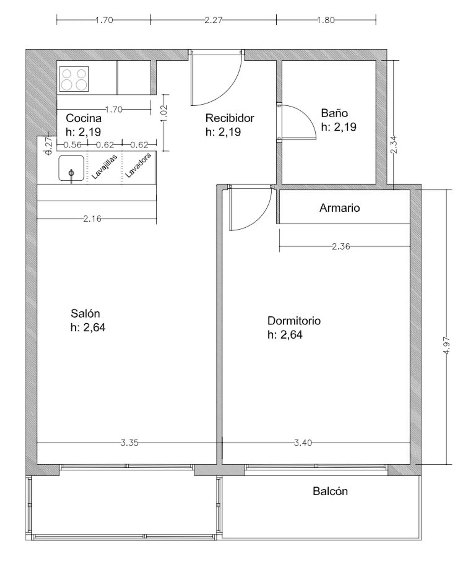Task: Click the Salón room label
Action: [x=85, y=313]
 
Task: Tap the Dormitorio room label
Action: [x=294, y=321]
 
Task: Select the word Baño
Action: [x=334, y=113]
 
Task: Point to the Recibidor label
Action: [x=230, y=118]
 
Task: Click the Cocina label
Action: [x=84, y=118]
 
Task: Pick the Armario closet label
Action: [x=340, y=208]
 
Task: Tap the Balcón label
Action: [x=330, y=491]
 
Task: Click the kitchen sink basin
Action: [x=71, y=168]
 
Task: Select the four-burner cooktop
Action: [x=74, y=79]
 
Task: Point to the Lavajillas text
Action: [x=104, y=167]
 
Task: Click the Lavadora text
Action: [x=138, y=165]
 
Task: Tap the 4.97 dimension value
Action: [x=446, y=345]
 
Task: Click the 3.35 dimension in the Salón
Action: [x=129, y=443]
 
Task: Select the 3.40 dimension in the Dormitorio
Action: [x=303, y=443]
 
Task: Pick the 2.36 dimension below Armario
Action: [x=341, y=246]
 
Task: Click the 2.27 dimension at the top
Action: [x=214, y=20]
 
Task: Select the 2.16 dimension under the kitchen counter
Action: [x=92, y=219]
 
